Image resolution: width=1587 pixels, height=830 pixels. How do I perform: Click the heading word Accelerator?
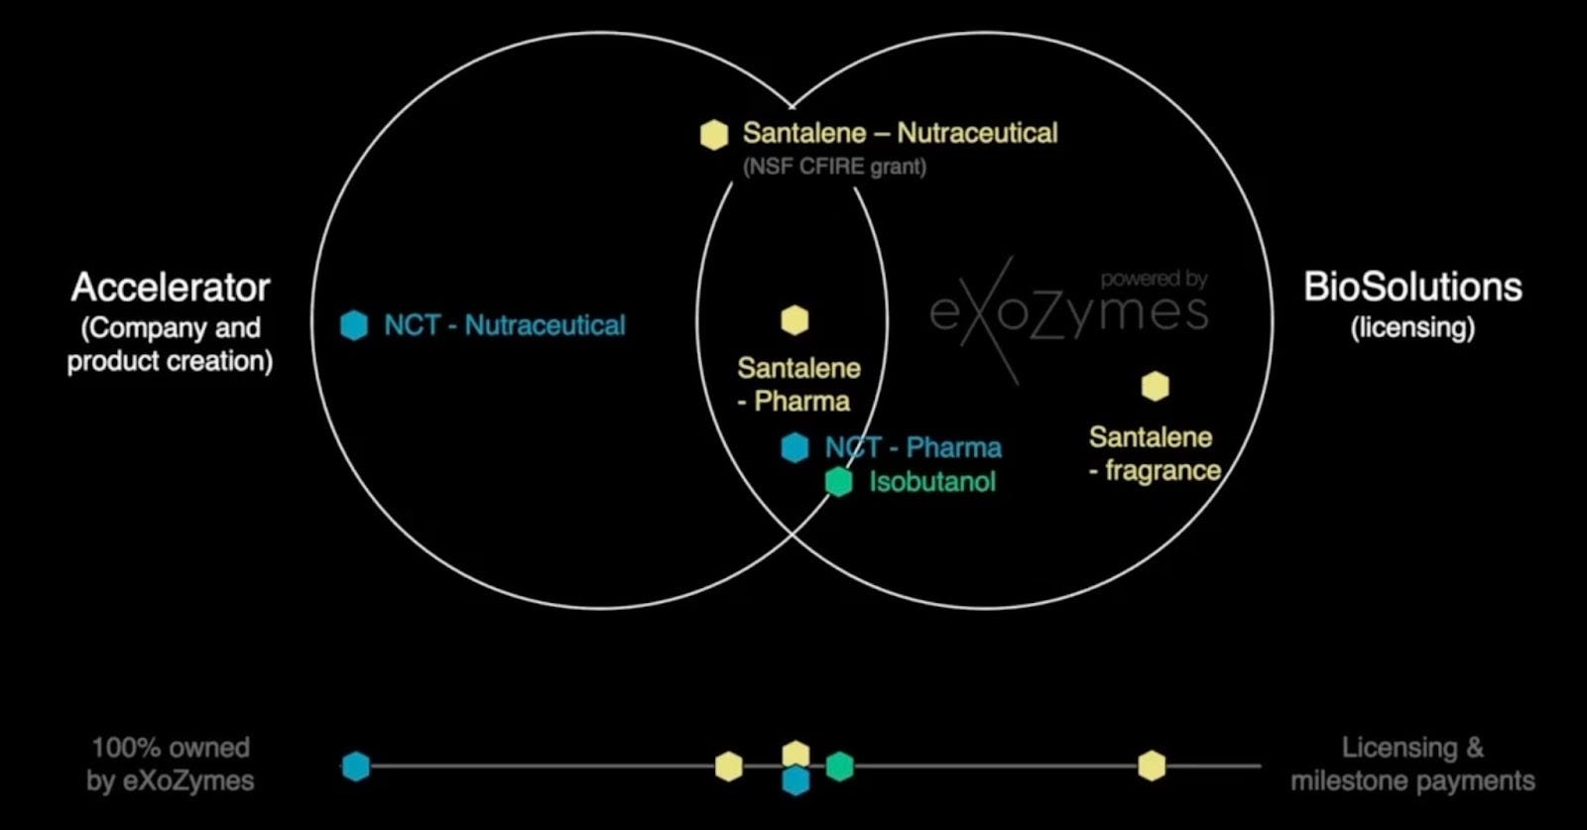tap(171, 288)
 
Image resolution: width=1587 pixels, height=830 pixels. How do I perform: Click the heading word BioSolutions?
tap(1411, 287)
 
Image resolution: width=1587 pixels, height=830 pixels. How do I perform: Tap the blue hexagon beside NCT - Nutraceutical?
tap(354, 325)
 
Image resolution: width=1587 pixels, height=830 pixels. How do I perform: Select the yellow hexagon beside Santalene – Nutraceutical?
tap(714, 135)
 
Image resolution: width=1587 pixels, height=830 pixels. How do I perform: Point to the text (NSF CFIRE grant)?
tap(834, 167)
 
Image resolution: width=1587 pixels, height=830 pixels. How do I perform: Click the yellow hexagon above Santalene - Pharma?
tap(794, 320)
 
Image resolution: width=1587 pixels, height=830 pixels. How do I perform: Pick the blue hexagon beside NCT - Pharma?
tap(794, 448)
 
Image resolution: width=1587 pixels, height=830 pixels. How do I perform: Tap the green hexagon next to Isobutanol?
tap(839, 482)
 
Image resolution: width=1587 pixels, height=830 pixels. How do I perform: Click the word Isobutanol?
tap(932, 482)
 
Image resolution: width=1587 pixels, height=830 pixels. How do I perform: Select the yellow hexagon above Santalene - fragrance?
tap(1155, 387)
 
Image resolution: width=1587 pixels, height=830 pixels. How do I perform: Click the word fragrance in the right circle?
tap(1162, 470)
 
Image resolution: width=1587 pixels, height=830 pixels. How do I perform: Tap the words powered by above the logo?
tap(1154, 279)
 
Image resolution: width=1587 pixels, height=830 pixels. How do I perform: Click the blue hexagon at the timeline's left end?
tap(356, 766)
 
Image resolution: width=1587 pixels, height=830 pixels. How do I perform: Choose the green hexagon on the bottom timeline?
tap(840, 766)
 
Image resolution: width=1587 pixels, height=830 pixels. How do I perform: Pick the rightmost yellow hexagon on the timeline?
tap(1152, 766)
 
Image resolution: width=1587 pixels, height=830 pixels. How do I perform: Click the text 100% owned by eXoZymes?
tap(171, 764)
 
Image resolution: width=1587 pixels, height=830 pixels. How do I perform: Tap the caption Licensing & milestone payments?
tap(1412, 764)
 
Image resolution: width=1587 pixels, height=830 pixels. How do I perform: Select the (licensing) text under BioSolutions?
tap(1412, 327)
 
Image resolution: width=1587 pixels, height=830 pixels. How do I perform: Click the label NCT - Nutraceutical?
tap(505, 325)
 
